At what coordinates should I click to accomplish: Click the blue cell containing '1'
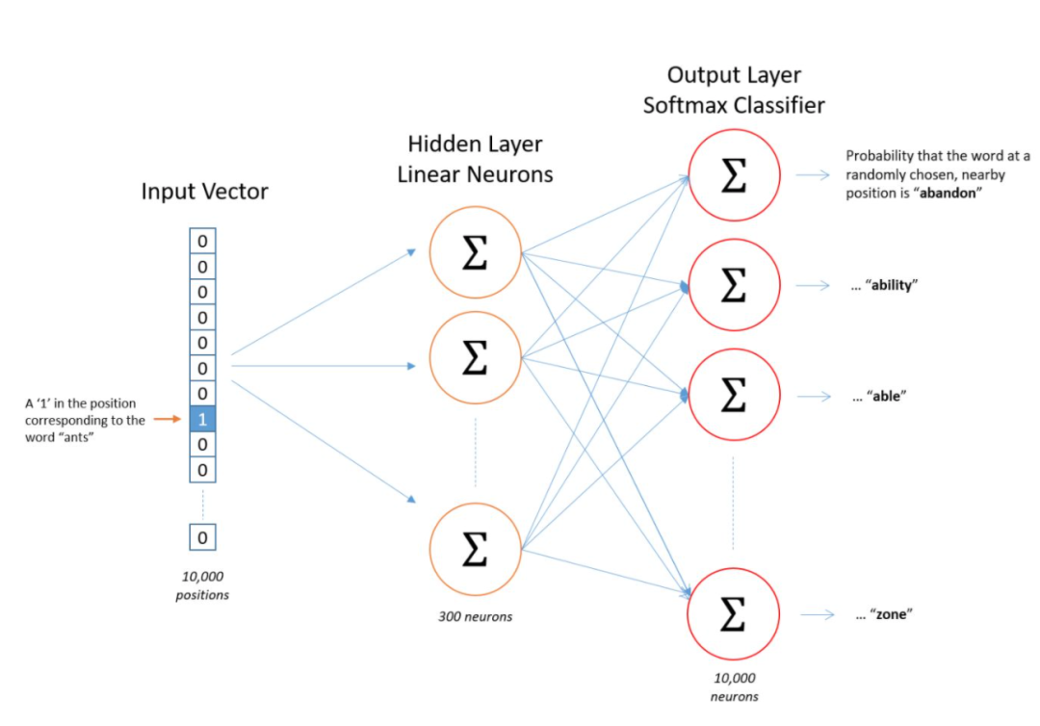(202, 419)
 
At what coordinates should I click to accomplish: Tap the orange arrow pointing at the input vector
(167, 419)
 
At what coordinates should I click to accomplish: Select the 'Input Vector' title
(204, 192)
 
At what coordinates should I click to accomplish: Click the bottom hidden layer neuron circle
(474, 549)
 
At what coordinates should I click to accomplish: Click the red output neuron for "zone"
(734, 613)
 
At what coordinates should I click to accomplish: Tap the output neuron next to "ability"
(734, 285)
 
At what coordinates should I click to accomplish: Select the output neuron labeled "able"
(734, 395)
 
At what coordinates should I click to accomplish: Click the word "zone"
(891, 615)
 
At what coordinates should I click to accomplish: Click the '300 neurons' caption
(474, 616)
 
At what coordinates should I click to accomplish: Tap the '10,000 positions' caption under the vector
(202, 585)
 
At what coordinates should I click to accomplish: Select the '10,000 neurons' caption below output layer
(735, 687)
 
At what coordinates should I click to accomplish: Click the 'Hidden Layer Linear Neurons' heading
(475, 159)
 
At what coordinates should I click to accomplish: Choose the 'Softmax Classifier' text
(734, 105)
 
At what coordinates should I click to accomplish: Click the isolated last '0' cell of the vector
(202, 537)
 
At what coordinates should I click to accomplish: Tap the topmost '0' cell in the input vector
(202, 241)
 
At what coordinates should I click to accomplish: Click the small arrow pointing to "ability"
(817, 285)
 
